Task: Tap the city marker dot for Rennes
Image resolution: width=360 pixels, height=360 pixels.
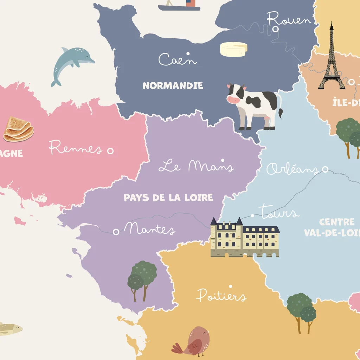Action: click(x=110, y=151)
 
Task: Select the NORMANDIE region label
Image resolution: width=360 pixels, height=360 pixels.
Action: click(x=173, y=85)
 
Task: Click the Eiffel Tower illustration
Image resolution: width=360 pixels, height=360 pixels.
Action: click(x=331, y=60)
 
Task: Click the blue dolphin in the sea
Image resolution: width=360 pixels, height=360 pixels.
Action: click(x=72, y=63)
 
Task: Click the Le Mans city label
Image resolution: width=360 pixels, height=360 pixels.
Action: click(x=196, y=166)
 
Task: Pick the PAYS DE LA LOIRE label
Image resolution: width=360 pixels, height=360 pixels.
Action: click(x=168, y=198)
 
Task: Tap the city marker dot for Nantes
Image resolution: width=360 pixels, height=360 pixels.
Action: click(x=116, y=232)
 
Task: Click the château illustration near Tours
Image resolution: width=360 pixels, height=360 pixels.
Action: click(x=245, y=238)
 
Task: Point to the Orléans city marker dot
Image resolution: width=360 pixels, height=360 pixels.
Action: click(x=325, y=170)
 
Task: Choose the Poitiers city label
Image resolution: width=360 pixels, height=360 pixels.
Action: click(x=221, y=295)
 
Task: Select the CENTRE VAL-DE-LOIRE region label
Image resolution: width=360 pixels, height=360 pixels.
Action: click(x=332, y=227)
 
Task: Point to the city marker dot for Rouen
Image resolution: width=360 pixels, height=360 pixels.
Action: click(x=276, y=29)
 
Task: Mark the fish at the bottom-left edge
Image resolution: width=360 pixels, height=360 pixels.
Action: click(x=9, y=329)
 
